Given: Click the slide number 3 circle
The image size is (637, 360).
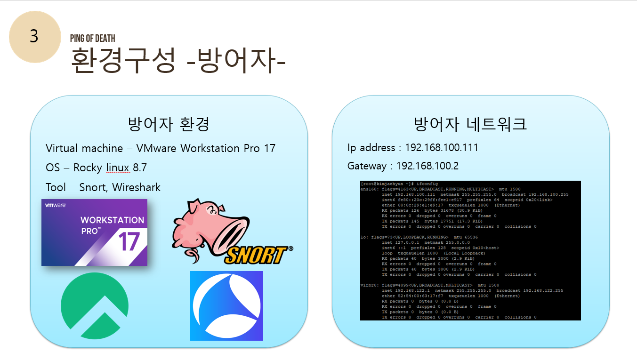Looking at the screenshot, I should [35, 37].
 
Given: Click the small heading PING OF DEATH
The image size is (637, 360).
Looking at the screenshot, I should [92, 39].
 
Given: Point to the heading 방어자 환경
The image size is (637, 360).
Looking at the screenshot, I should [169, 124].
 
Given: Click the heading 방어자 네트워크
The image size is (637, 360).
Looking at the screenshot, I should [470, 124].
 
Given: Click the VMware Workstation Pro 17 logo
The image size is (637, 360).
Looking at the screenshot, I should [94, 232].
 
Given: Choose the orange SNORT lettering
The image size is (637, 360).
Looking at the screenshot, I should [256, 255].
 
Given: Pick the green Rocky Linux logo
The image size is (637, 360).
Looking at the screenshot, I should [94, 306].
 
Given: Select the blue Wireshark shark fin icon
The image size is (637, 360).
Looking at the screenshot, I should [226, 305].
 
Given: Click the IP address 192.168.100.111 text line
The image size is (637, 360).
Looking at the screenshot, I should [412, 148].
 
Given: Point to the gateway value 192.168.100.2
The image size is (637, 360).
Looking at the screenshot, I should [427, 166].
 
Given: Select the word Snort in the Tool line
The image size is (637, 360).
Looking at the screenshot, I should [92, 187].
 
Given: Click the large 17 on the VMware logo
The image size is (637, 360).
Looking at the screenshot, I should [129, 241].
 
